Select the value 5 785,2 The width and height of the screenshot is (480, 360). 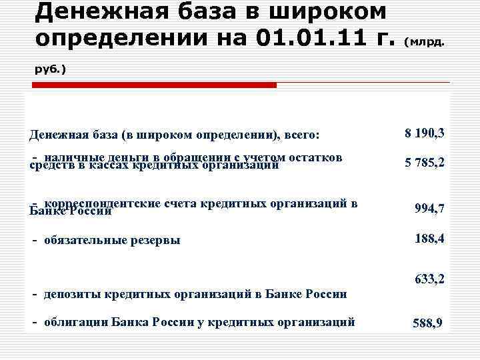[x=425, y=162]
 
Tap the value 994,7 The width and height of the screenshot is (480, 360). [x=429, y=209]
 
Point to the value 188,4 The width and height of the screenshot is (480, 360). [x=429, y=237]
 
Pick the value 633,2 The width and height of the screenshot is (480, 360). [x=429, y=279]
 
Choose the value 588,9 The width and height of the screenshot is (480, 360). [x=428, y=324]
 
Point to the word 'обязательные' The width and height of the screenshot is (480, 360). [x=84, y=240]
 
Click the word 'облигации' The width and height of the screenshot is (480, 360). [x=75, y=322]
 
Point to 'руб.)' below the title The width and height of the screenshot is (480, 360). [x=50, y=69]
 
